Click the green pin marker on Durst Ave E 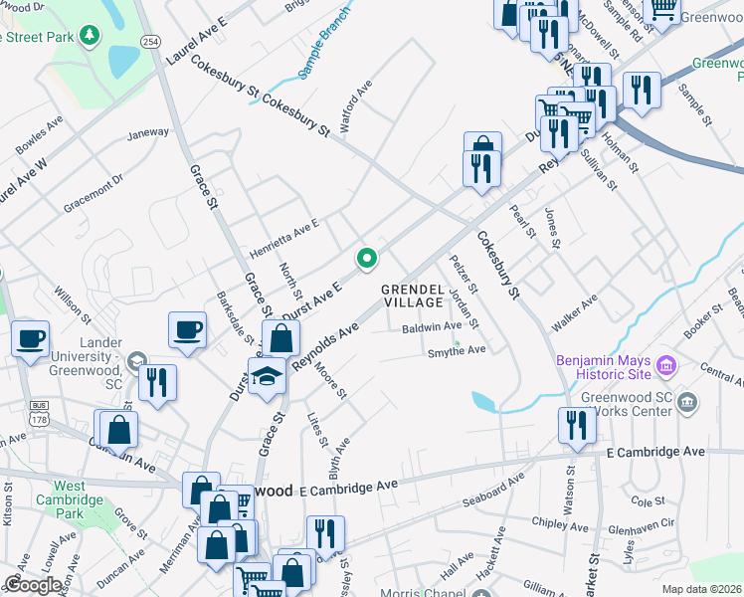(x=367, y=259)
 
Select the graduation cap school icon (x=267, y=379)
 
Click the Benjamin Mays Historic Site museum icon (x=665, y=366)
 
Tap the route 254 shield (x=150, y=42)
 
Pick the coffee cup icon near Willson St (x=30, y=337)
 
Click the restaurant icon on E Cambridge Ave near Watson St (x=577, y=425)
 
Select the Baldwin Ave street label (x=432, y=326)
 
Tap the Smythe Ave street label (x=456, y=351)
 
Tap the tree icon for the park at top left (x=91, y=36)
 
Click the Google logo (x=33, y=585)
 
